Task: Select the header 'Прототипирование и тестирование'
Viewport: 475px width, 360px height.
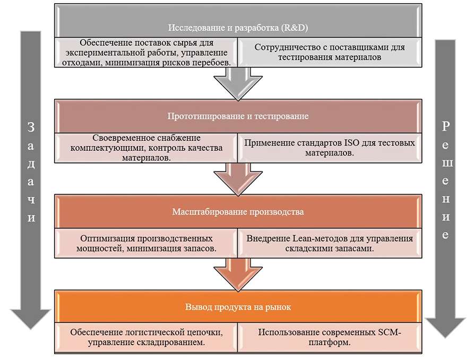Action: point(238,116)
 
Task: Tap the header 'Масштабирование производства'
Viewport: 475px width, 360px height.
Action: point(238,211)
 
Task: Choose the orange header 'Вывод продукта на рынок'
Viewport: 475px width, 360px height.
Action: point(238,307)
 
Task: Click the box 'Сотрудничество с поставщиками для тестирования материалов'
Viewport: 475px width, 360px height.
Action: point(330,52)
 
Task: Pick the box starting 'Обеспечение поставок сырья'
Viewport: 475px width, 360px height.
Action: point(146,52)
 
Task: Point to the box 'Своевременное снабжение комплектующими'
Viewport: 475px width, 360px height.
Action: point(146,148)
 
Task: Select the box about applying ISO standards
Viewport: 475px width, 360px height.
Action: point(330,148)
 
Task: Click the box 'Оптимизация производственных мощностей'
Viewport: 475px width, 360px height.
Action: point(146,243)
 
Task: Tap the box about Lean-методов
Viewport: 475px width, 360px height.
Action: point(330,243)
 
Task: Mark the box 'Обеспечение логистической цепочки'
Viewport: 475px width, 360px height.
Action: point(146,338)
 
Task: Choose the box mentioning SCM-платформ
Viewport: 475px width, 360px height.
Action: point(330,338)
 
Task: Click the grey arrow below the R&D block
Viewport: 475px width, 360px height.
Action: point(238,84)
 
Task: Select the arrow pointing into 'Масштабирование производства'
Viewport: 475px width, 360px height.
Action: point(238,179)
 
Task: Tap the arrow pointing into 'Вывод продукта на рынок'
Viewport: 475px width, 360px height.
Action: point(238,275)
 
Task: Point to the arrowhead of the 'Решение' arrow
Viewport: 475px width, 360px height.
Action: point(445,328)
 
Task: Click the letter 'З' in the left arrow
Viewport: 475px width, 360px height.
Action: point(31,127)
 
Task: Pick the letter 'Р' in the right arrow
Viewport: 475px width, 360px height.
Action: point(445,126)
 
